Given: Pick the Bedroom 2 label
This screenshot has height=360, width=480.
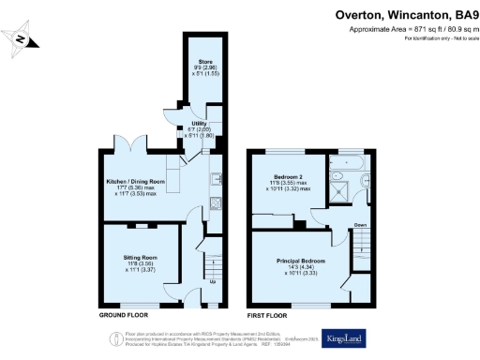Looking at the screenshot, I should [x=287, y=182].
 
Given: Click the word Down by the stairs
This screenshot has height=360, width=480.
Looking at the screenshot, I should [x=359, y=225].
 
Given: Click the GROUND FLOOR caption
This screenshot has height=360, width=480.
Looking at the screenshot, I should [x=122, y=316].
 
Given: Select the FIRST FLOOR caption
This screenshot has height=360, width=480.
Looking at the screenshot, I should [x=266, y=316].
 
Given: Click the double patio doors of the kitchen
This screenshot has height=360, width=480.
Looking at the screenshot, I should [x=137, y=148].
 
